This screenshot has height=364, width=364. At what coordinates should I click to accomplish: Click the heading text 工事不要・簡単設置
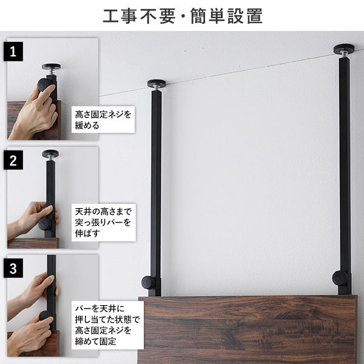pos(182,16)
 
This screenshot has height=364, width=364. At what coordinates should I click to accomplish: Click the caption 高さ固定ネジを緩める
pos(103,120)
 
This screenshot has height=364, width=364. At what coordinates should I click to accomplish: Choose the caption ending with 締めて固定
pos(106,325)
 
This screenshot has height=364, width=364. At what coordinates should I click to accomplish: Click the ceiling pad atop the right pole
pos(344,48)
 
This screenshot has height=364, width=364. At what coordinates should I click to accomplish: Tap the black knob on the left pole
pos(148,282)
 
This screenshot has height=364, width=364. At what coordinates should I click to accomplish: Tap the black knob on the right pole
pos(339,278)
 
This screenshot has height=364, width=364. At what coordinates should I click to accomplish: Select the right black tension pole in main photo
pos(345,170)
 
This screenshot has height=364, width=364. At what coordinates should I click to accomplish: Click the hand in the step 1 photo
pos(33,115)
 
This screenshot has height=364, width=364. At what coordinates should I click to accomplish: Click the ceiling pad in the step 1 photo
pos(51,67)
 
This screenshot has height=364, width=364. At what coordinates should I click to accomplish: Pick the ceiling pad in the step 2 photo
pos(50,153)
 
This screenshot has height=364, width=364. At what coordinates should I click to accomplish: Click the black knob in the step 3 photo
pos(46,316)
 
